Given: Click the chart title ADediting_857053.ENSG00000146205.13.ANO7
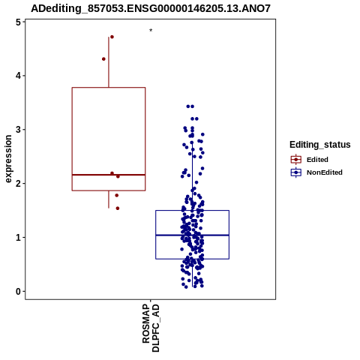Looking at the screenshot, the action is click(151, 9).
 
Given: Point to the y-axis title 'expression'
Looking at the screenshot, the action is click(8, 159).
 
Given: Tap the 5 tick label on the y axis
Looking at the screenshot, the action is click(18, 22).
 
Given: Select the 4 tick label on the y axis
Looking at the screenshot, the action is click(18, 76).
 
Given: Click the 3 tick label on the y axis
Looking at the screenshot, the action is click(18, 130).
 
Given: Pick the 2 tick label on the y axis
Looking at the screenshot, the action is click(18, 184).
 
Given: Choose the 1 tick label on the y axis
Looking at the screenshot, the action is click(18, 238).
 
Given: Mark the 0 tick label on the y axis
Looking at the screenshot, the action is click(18, 292).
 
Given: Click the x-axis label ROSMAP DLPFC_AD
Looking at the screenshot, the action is click(151, 328).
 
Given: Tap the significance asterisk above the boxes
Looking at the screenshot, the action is click(151, 31).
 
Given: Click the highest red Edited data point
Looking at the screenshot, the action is click(112, 37).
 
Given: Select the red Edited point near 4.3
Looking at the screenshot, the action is click(103, 59).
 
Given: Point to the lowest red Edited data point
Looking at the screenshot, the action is click(118, 208).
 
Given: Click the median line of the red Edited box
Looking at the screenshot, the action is click(109, 175).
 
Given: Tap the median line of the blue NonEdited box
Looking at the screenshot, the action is click(192, 235).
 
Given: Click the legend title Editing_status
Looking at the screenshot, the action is click(320, 145).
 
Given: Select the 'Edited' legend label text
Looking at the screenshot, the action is click(317, 160).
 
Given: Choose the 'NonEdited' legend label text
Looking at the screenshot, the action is click(325, 172).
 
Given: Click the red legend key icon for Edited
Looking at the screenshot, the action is click(296, 160).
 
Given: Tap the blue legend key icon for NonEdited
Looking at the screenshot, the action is click(296, 172).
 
